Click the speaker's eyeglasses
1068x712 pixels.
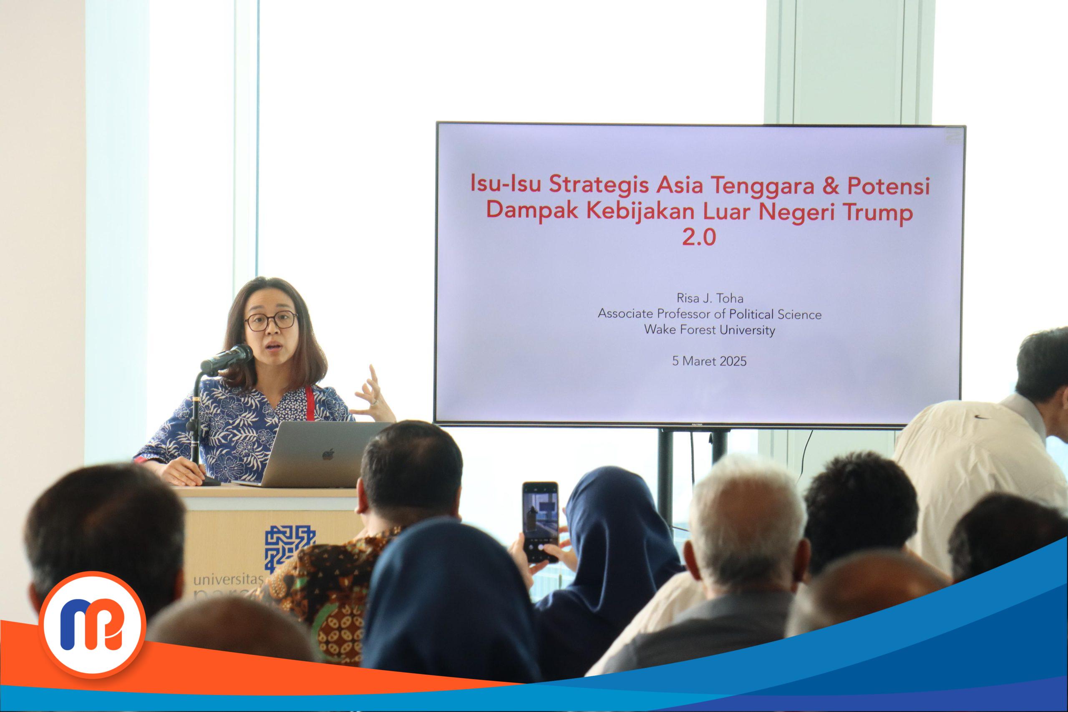click(271, 321)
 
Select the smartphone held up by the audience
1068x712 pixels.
click(539, 521)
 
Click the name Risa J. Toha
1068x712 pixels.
click(709, 298)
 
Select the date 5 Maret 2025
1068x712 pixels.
click(709, 361)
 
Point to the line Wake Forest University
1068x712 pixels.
click(709, 330)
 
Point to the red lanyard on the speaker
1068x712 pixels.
click(310, 403)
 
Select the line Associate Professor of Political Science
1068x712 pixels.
click(709, 314)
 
